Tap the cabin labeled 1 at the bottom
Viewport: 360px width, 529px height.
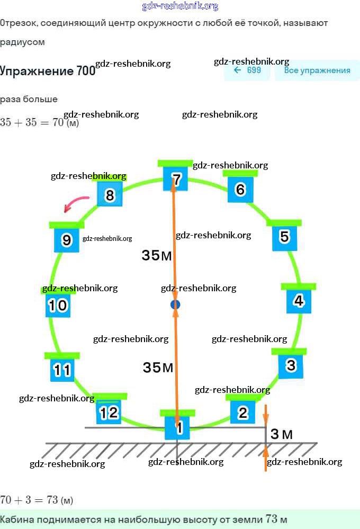pyautogui.click(x=179, y=426)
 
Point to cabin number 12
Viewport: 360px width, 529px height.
pyautogui.click(x=109, y=412)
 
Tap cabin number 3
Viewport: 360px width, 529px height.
pyautogui.click(x=291, y=365)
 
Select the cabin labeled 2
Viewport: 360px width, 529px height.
pyautogui.click(x=243, y=413)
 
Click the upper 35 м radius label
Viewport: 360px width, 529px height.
pyautogui.click(x=157, y=256)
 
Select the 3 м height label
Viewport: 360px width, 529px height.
pyautogui.click(x=282, y=435)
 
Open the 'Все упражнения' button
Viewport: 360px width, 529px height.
pyautogui.click(x=317, y=70)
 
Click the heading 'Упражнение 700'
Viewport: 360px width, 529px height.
pyautogui.click(x=48, y=71)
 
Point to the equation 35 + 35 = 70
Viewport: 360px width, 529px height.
pyautogui.click(x=40, y=122)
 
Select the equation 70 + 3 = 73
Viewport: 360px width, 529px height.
pyautogui.click(x=36, y=500)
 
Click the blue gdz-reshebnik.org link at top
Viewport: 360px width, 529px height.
pyautogui.click(x=180, y=6)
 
